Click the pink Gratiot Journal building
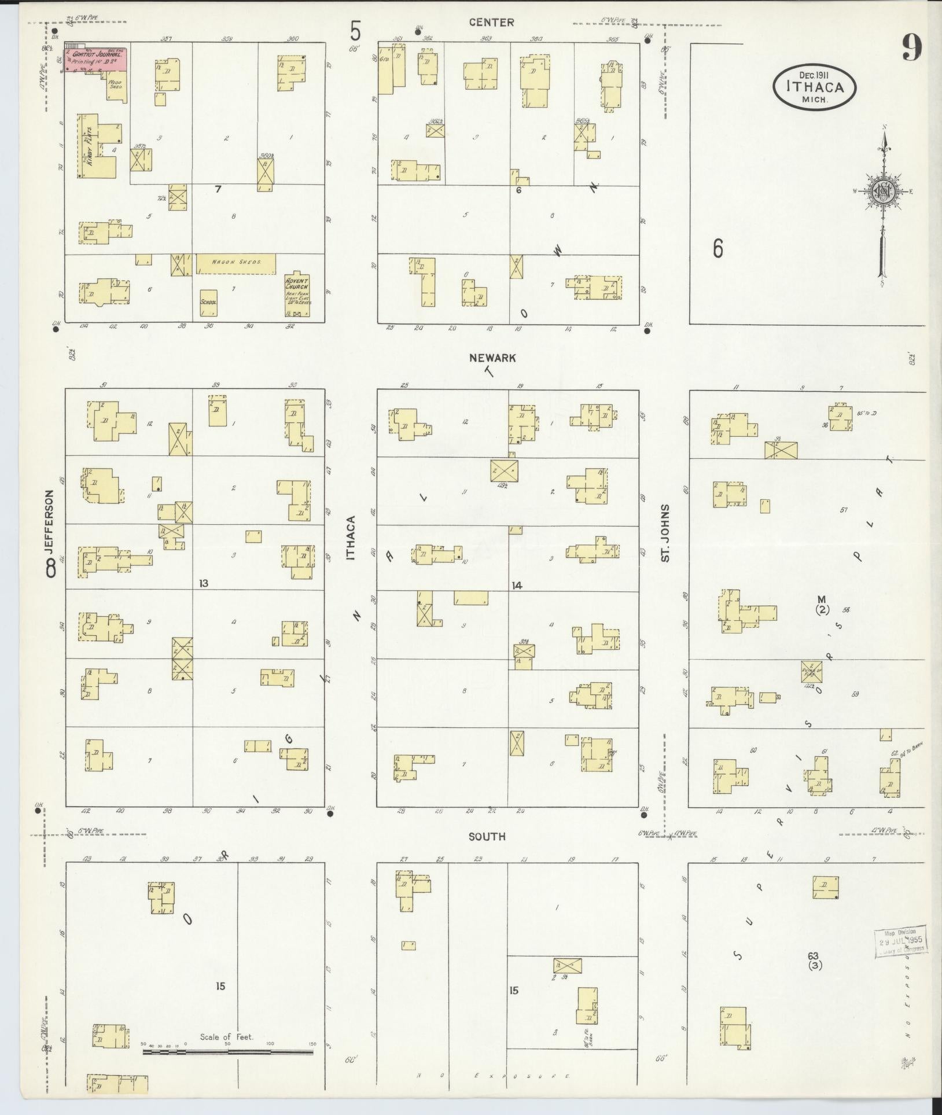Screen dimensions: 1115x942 coord(96,60)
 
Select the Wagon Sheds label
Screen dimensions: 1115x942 coord(235,263)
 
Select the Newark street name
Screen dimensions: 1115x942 coord(492,358)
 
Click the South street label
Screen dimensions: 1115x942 coord(487,836)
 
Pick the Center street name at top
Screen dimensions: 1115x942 coord(491,23)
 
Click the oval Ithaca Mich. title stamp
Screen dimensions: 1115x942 coord(814,87)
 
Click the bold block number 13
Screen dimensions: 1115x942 coord(203,584)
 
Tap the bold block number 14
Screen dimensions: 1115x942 coord(517,586)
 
